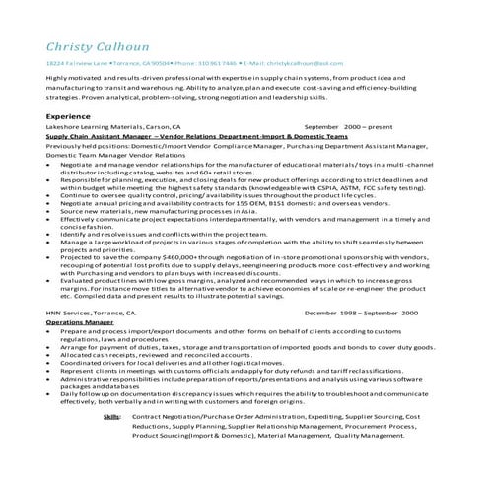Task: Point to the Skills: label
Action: (x=112, y=418)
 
